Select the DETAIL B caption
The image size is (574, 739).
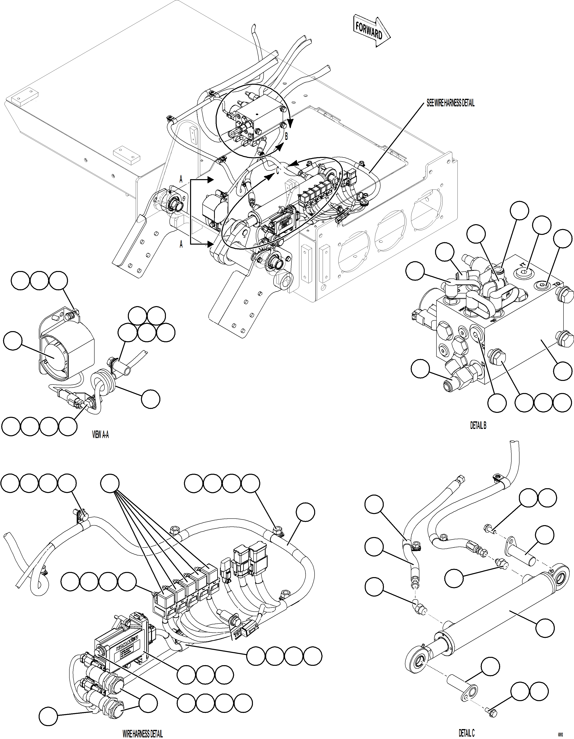(x=478, y=426)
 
